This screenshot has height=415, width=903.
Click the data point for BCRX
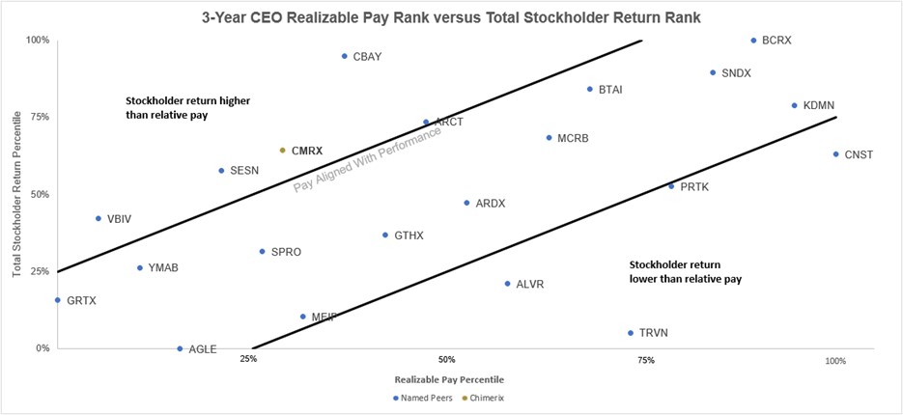coord(753,41)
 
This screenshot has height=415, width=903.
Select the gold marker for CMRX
coord(282,151)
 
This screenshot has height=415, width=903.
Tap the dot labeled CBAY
coord(344,56)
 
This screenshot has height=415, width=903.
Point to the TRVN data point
coord(631,333)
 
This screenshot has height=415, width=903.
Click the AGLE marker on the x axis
coord(180,348)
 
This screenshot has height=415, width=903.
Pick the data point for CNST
coord(835,154)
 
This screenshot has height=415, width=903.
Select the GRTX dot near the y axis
coord(58,300)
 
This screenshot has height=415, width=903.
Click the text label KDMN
coord(819,105)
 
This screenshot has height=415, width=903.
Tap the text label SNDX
coord(737,73)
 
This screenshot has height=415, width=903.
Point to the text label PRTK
coord(694,186)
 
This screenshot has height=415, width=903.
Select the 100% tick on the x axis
coord(835,361)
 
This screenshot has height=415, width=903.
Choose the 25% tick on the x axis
coord(248,360)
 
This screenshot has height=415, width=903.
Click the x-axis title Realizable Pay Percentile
coord(445,379)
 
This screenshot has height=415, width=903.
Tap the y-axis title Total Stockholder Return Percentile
coord(16,194)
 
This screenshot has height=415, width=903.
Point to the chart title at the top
coord(450,16)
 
